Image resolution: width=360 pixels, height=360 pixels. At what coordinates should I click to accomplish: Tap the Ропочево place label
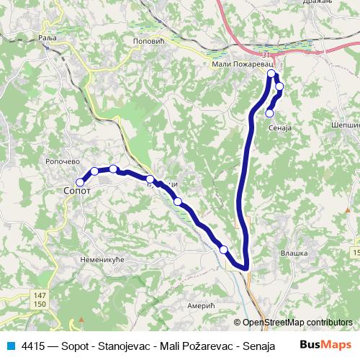[60, 162]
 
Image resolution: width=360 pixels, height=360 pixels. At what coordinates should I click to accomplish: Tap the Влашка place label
[293, 253]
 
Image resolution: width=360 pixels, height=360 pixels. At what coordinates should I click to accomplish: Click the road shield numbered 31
[266, 55]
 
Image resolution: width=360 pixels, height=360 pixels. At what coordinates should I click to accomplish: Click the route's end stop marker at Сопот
[80, 182]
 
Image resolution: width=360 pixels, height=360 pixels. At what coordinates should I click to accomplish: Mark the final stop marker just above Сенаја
[269, 112]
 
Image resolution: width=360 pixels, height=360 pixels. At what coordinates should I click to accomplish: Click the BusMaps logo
[325, 346]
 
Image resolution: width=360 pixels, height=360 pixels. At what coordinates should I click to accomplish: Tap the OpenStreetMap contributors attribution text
[293, 323]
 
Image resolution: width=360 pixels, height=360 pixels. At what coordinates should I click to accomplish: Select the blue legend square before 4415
[12, 346]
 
